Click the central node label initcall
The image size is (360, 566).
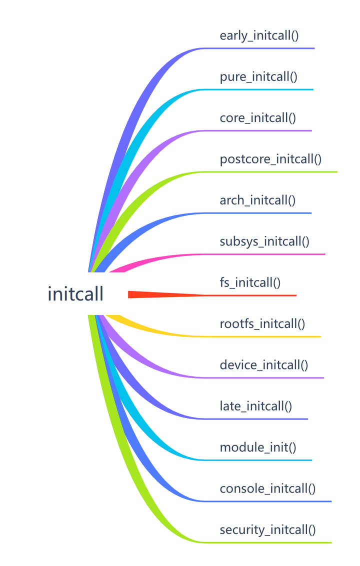(75, 294)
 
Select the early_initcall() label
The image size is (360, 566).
(259, 36)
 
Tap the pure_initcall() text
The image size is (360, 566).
(258, 77)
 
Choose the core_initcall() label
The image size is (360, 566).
(257, 118)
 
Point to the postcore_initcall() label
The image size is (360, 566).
(270, 159)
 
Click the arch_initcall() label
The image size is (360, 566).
(257, 200)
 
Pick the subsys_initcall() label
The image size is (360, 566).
(264, 241)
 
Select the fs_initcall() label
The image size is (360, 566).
(250, 282)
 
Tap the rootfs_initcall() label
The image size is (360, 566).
(262, 323)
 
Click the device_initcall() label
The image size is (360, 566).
(264, 365)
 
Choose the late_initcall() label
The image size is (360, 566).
(255, 406)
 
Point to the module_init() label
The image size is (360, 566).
(258, 447)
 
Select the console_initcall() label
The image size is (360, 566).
(267, 488)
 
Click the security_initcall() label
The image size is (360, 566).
(267, 529)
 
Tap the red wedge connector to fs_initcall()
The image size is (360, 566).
(150, 294)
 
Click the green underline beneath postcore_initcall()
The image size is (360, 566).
(270, 172)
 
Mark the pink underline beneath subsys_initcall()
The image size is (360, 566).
(265, 254)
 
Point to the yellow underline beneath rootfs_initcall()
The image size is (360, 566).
(262, 336)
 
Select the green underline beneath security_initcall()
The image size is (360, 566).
(267, 542)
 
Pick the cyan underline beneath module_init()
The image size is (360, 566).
(258, 460)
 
